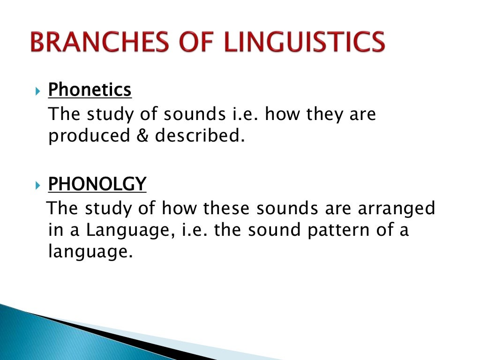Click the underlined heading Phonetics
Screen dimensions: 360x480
pos(90,90)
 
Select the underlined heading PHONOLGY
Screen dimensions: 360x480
pos(97,184)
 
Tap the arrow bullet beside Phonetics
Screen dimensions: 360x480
pos(38,90)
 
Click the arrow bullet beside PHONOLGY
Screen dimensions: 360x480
pos(38,184)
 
